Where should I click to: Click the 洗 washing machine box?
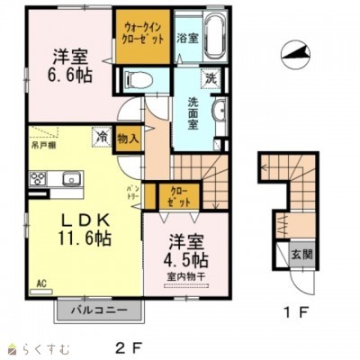pos(209,77)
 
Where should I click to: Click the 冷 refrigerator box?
pos(103,138)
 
